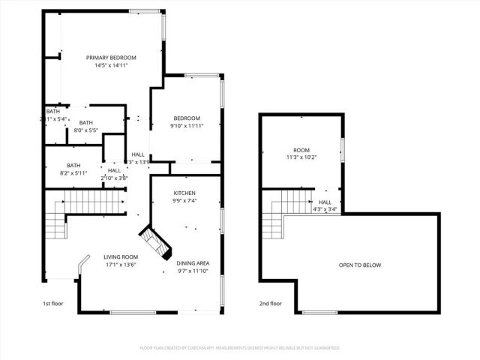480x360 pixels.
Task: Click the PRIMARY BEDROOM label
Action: pos(111,58)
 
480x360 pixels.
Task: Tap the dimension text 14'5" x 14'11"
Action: pos(111,66)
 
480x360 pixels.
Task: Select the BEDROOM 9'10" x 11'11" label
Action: pos(187,118)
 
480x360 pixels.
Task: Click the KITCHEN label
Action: pos(185,193)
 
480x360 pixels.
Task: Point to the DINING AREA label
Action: pos(193,263)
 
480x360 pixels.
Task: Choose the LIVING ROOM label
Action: pos(121,256)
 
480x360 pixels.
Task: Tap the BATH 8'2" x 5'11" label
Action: pos(73,166)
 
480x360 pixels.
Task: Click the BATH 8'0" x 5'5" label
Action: pos(86,123)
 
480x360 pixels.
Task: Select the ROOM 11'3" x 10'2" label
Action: pos(301,150)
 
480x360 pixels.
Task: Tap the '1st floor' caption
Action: pos(52,304)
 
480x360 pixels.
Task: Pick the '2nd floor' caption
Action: pos(270,304)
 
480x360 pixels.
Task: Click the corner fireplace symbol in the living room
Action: pos(158,244)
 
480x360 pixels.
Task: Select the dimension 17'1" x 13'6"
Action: pos(121,264)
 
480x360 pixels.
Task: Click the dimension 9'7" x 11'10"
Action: pos(193,271)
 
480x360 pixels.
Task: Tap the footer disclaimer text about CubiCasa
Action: pos(240,348)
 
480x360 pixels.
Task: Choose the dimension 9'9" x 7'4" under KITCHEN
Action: pos(185,200)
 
